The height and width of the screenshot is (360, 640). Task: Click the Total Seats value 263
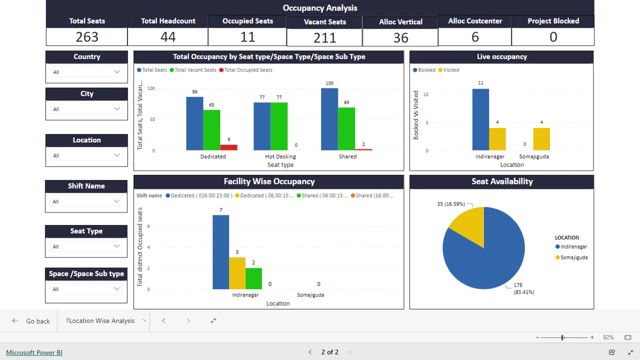tap(87, 37)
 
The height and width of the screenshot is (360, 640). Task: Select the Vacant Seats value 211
tap(324, 37)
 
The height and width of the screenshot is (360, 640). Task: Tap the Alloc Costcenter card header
tap(475, 21)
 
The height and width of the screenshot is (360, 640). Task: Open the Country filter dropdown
tap(86, 72)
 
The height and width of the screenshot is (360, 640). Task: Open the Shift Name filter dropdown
tap(86, 201)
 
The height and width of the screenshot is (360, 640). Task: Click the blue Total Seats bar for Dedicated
tap(194, 123)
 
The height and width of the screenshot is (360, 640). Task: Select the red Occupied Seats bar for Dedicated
tap(228, 147)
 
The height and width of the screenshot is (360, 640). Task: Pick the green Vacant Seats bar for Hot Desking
tap(279, 126)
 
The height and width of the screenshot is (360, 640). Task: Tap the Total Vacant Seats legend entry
tap(195, 70)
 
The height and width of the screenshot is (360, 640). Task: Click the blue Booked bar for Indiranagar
tap(480, 119)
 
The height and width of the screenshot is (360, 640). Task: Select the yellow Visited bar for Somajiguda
tap(541, 139)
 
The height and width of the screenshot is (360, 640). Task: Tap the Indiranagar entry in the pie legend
tap(573, 246)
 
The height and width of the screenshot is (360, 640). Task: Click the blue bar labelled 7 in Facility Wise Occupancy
tap(220, 252)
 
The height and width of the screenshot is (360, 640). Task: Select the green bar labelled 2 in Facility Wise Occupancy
tap(253, 278)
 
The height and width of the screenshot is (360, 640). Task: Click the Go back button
tap(31, 321)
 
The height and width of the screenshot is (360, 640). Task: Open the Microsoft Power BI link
tap(34, 352)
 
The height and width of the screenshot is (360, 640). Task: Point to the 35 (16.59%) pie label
tap(451, 204)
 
